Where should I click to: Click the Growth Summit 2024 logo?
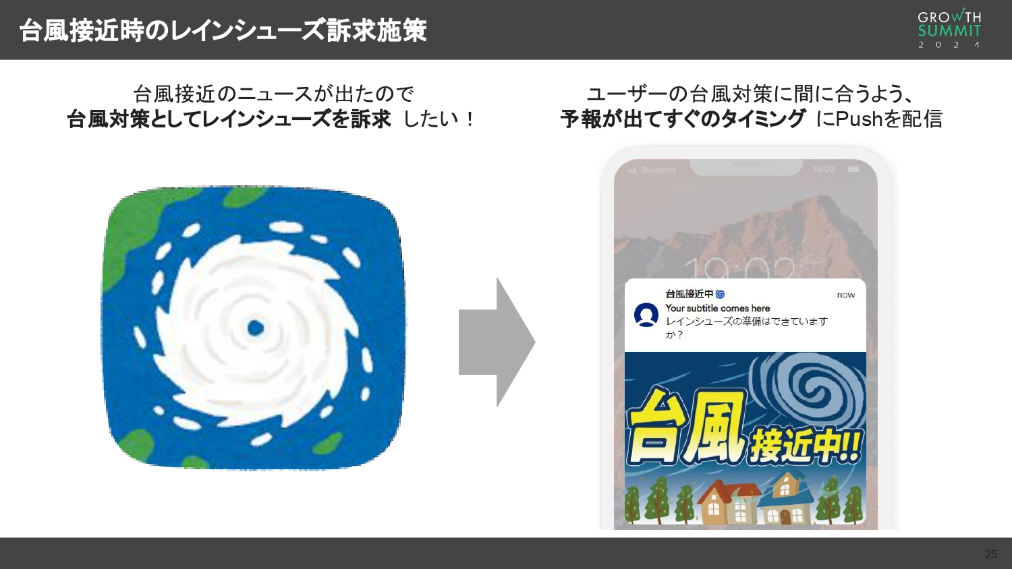(x=949, y=29)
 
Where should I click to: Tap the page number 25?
(x=990, y=554)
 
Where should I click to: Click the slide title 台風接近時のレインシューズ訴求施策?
(x=223, y=30)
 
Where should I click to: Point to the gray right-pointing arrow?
(x=496, y=342)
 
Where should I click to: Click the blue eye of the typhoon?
(x=255, y=328)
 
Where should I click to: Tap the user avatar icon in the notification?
(x=646, y=315)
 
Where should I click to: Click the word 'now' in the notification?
(x=845, y=295)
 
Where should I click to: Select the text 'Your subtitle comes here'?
(x=717, y=308)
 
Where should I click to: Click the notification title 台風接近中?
(x=689, y=294)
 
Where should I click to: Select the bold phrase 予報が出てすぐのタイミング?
(x=682, y=119)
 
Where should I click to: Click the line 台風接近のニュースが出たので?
(x=273, y=94)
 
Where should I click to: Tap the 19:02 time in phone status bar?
(x=823, y=169)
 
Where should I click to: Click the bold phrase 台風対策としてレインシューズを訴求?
(x=229, y=119)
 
